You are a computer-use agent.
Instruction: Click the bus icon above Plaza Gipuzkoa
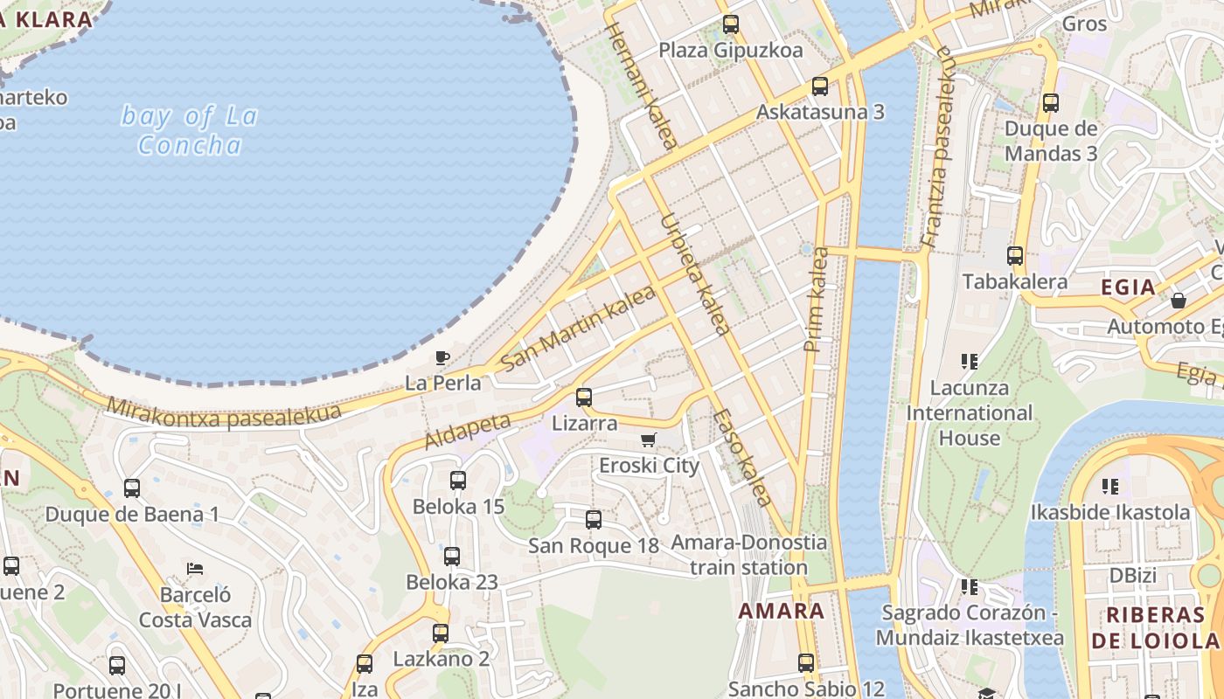coord(731,24)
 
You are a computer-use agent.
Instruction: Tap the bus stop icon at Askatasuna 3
coord(819,87)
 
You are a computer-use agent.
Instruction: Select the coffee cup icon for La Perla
coord(442,357)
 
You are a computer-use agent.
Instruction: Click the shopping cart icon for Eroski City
coord(648,439)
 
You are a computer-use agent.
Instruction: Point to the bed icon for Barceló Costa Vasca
coord(195,569)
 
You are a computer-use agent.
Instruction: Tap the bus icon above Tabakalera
coord(1014,256)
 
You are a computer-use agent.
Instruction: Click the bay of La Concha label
coord(189,129)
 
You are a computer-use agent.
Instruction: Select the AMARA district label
coord(782,611)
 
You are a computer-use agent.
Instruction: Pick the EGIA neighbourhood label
coord(1128,287)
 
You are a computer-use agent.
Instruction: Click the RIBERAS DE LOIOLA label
coord(1155,627)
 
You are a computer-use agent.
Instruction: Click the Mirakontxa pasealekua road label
coord(224,412)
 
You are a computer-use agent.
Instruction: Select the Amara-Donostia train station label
coord(748,555)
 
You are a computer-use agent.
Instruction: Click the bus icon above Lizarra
coord(584,397)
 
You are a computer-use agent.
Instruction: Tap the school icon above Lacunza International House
coord(969,361)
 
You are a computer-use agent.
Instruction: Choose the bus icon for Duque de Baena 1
coord(132,488)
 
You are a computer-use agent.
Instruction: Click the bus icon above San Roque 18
coord(594,520)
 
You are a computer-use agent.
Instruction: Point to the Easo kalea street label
coord(742,457)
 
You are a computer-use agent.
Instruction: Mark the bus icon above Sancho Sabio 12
coord(806,663)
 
